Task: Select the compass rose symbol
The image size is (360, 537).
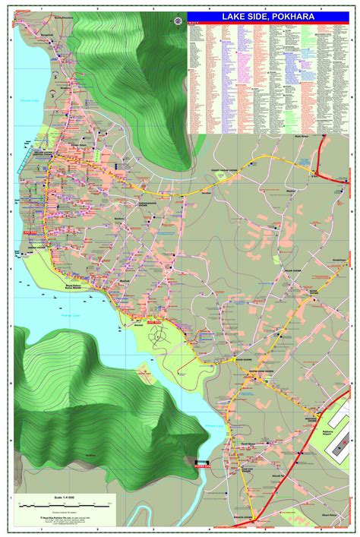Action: (x=178, y=20)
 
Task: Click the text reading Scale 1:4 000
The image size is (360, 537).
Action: (x=68, y=498)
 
